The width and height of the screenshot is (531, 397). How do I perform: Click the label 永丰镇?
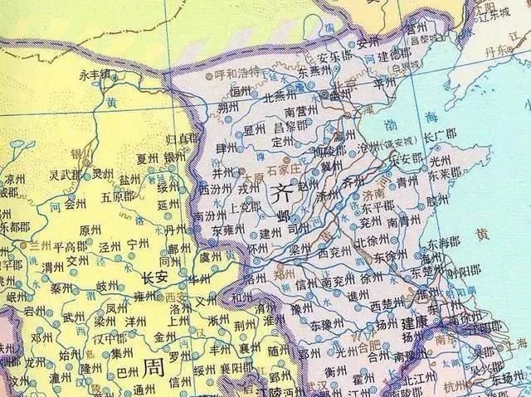coord(95,75)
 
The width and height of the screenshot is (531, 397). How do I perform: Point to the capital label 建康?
coord(415,321)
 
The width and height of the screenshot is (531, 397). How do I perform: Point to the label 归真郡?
coord(183,137)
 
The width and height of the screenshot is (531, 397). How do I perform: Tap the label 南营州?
coord(301,110)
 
